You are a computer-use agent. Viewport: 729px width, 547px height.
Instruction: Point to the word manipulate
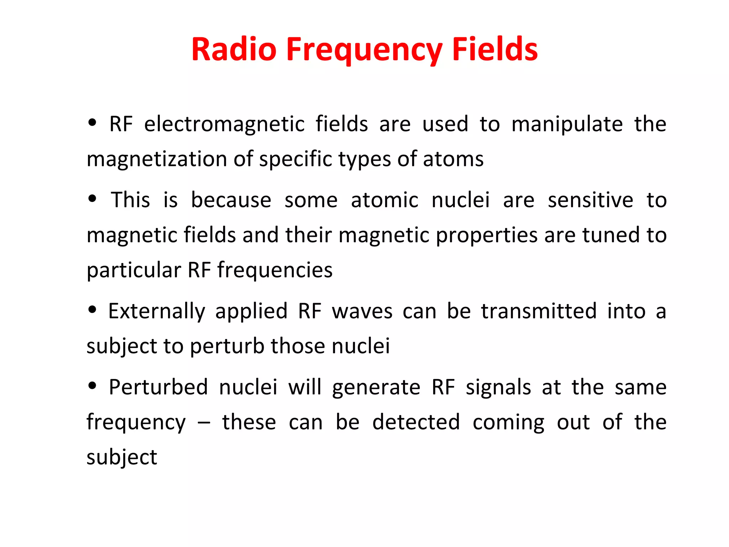pos(567,125)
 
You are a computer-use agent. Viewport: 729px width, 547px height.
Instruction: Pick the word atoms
pos(453,159)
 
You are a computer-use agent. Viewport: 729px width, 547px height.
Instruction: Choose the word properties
pos(487,236)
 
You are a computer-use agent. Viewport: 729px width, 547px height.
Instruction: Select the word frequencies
pos(275,270)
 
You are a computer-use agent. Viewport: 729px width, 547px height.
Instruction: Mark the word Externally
pos(157,312)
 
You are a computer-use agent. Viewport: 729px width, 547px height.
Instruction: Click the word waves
pos(362,312)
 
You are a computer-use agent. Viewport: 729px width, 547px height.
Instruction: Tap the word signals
pos(498,387)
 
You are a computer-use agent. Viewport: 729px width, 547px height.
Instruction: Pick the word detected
pos(416,422)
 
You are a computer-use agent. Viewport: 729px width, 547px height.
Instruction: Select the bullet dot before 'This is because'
pos(93,199)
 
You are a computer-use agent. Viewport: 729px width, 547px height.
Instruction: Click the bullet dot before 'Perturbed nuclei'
pos(93,386)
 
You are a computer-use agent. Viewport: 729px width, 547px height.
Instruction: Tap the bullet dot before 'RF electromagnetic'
pos(93,123)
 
